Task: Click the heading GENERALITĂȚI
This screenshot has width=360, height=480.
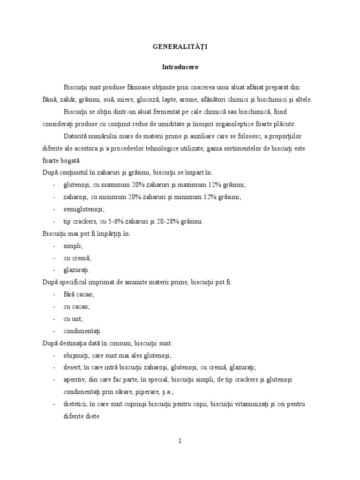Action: point(180,47)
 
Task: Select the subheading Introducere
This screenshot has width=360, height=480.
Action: point(180,67)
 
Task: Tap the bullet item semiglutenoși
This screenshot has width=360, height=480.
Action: point(84,209)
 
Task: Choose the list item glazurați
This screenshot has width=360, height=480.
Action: point(76,270)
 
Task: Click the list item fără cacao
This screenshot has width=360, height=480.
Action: point(79,294)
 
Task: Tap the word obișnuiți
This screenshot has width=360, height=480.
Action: point(77,355)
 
